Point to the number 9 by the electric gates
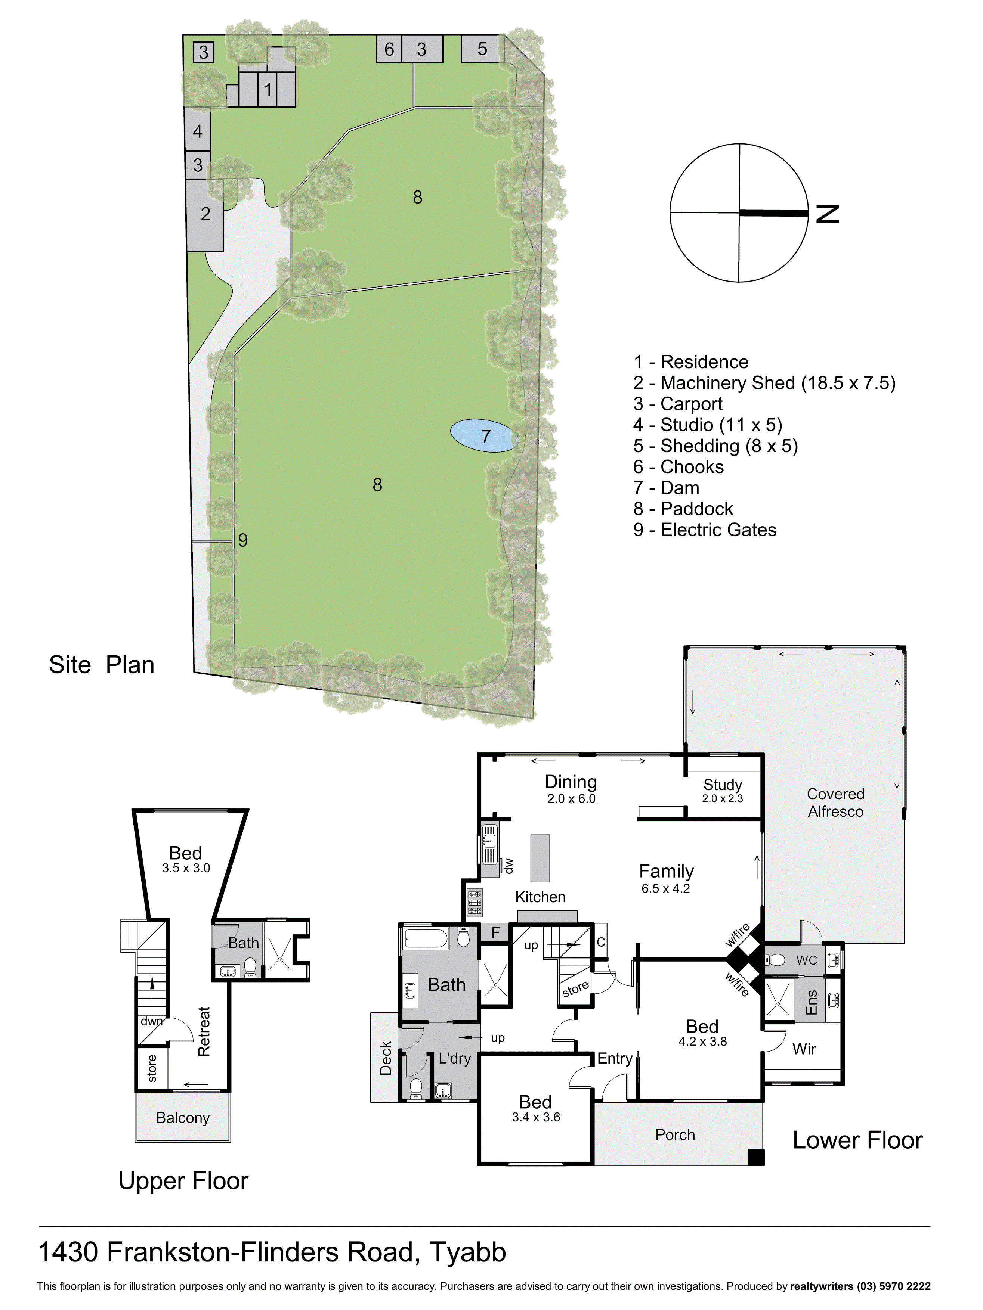tap(242, 540)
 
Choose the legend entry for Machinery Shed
tap(764, 383)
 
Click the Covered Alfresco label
tap(835, 803)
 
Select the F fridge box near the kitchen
tap(495, 933)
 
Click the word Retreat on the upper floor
tap(204, 1031)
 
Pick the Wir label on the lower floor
tap(804, 1049)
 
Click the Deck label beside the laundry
tap(386, 1058)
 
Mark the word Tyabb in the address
tap(467, 1252)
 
